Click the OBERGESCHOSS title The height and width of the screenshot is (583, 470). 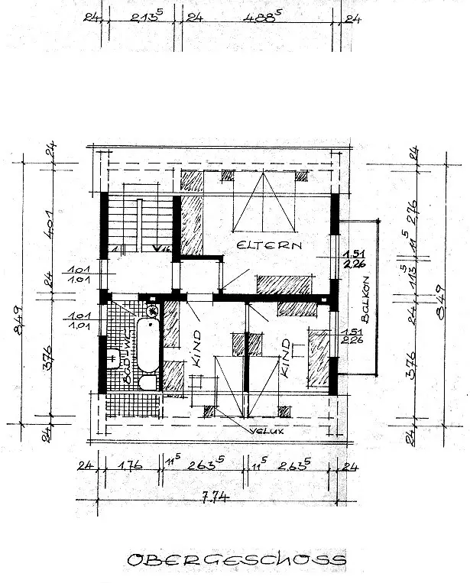235,560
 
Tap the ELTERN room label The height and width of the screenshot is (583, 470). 270,246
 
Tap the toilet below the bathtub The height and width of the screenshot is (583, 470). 147,381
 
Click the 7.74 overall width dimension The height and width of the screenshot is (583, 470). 213,497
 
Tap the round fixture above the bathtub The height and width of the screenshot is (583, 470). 151,310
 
